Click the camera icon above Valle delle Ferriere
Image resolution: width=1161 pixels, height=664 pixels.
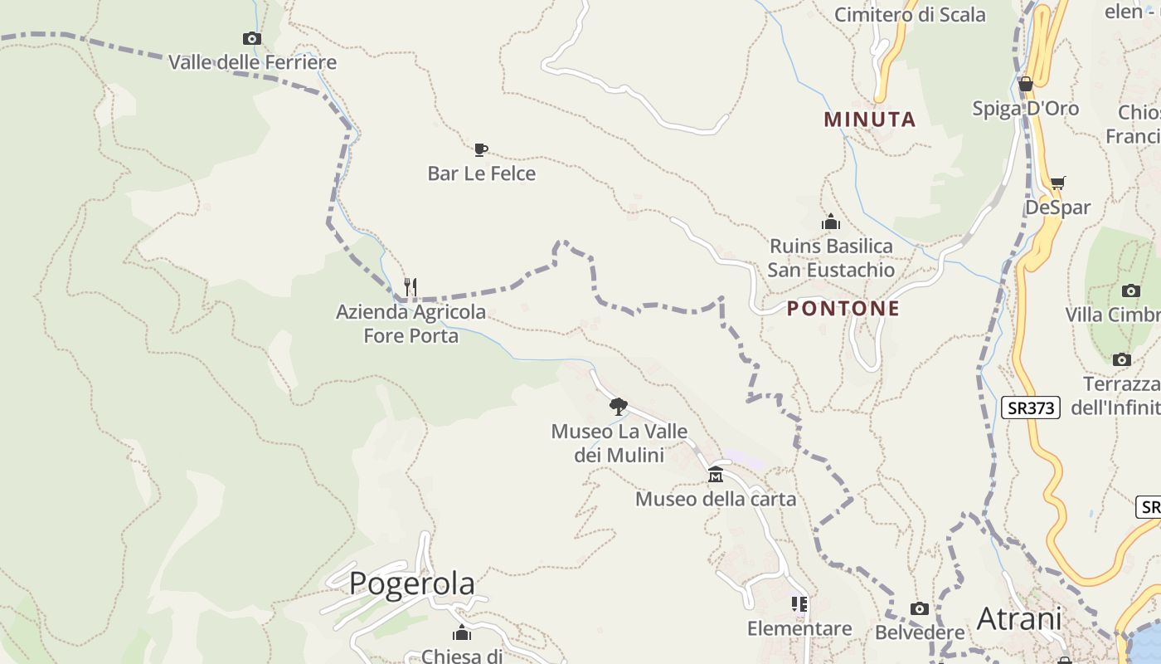pyautogui.click(x=252, y=38)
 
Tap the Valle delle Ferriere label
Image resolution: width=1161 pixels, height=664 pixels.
pyautogui.click(x=252, y=62)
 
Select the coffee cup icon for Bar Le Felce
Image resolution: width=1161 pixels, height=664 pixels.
pyautogui.click(x=480, y=149)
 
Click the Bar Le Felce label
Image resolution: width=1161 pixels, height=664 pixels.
pyautogui.click(x=481, y=173)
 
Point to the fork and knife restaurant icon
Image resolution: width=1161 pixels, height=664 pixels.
pyautogui.click(x=410, y=287)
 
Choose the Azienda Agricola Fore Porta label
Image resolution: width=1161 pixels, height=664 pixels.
pyautogui.click(x=410, y=324)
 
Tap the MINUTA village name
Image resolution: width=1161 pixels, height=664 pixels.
pyautogui.click(x=870, y=120)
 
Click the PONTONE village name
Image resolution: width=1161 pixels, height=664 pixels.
pyautogui.click(x=843, y=309)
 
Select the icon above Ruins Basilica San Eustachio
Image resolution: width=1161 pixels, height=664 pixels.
pyautogui.click(x=830, y=222)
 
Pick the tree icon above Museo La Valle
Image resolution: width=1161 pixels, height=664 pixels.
pyautogui.click(x=618, y=406)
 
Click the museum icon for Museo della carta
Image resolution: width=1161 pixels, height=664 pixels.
pyautogui.click(x=715, y=475)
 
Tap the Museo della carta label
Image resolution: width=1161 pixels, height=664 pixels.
pyautogui.click(x=715, y=499)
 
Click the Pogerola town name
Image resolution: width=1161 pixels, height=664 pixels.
pyautogui.click(x=412, y=583)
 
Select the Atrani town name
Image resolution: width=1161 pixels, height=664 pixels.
pyautogui.click(x=1019, y=618)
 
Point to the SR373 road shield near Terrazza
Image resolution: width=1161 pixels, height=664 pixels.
pyautogui.click(x=1030, y=408)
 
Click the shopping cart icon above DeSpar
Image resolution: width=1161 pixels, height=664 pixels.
pyautogui.click(x=1057, y=183)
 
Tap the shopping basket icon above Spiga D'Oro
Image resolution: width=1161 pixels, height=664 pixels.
pyautogui.click(x=1026, y=84)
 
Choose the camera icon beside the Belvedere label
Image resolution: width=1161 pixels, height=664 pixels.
pyautogui.click(x=919, y=609)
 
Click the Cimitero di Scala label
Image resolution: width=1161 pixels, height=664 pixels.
pyautogui.click(x=910, y=15)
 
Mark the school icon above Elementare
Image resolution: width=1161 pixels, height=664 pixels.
pyautogui.click(x=799, y=603)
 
